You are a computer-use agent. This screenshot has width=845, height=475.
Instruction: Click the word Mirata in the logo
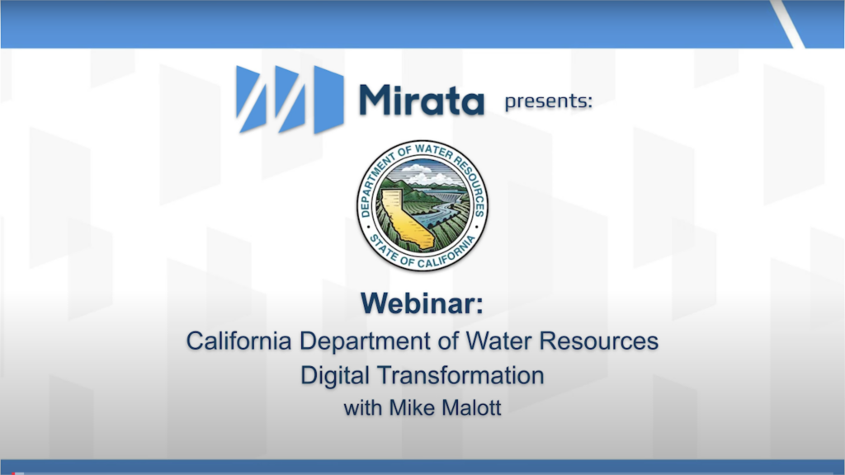tap(422, 100)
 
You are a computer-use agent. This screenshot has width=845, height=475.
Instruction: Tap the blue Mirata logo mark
tap(290, 100)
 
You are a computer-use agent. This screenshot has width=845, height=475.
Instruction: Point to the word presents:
tap(548, 101)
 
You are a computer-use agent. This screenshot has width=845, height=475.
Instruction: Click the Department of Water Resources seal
tap(422, 205)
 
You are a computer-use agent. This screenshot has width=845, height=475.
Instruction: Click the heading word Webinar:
tap(422, 303)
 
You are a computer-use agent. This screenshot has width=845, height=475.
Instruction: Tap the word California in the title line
tap(238, 341)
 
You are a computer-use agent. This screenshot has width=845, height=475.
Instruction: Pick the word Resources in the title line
tap(599, 341)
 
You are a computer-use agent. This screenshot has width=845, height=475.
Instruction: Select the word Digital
tap(335, 376)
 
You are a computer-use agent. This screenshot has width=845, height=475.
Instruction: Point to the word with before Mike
tap(363, 407)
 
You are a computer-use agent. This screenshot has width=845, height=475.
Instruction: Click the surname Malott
tap(471, 407)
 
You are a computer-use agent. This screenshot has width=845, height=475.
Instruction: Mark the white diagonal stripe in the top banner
tap(787, 24)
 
